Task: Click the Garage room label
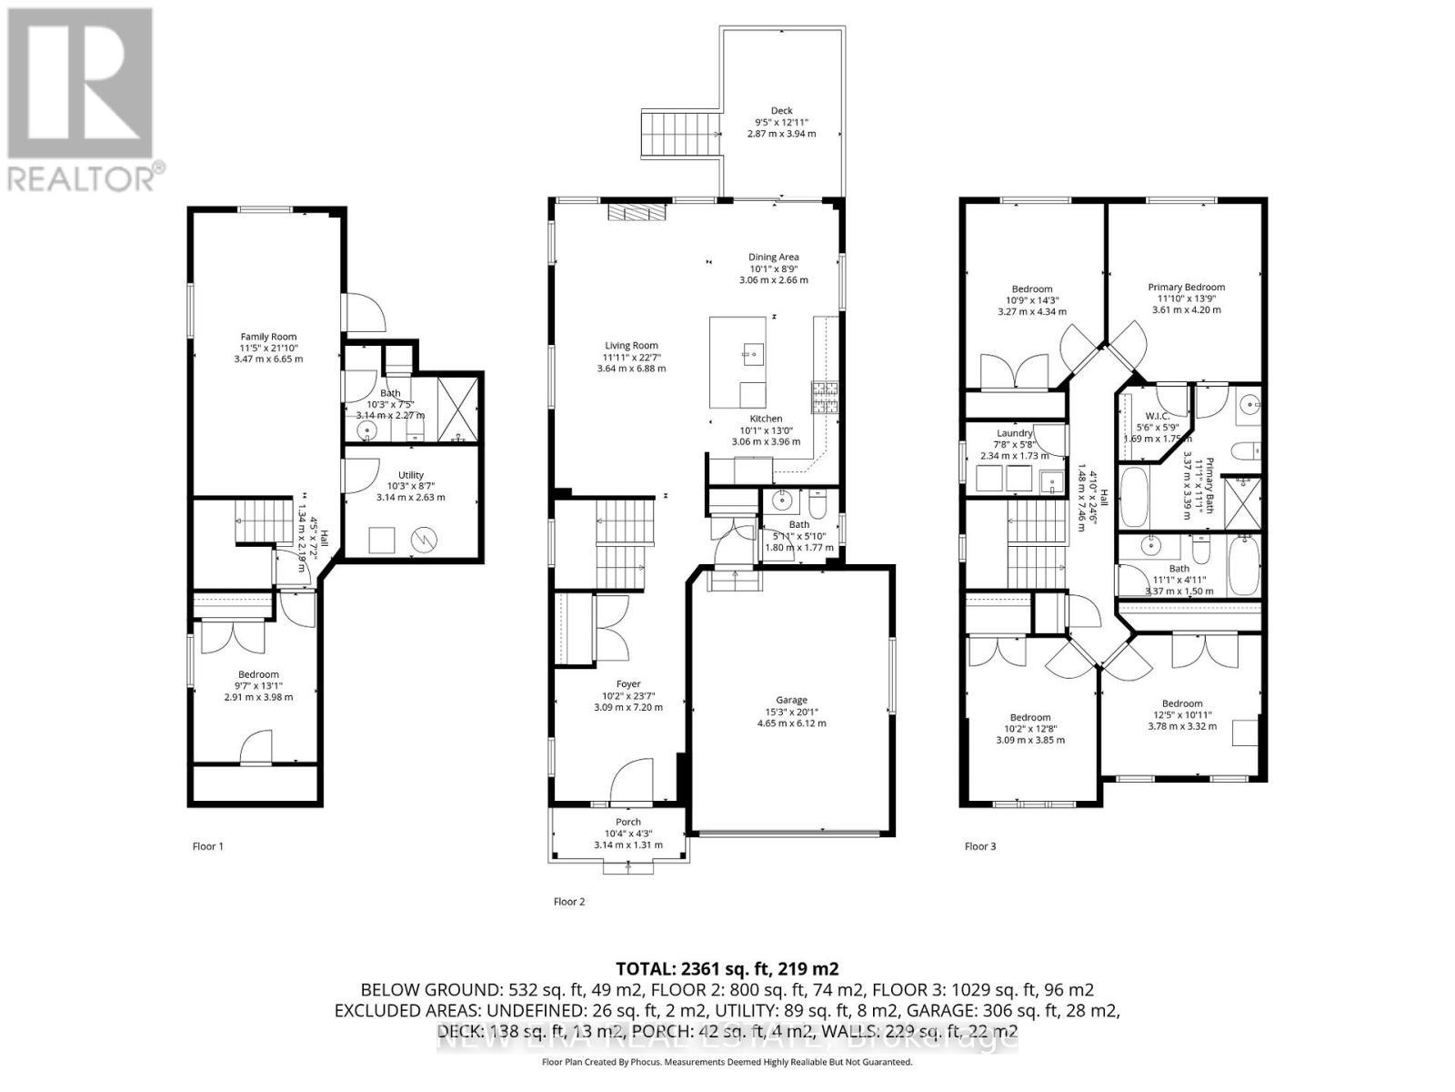(791, 700)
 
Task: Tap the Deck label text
(781, 111)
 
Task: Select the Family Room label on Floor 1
(268, 337)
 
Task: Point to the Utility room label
(411, 474)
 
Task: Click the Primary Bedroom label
(1186, 287)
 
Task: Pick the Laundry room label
(1014, 433)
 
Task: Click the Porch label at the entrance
(627, 822)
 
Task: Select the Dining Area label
(773, 258)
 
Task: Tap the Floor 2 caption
(569, 902)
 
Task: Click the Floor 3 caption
(980, 846)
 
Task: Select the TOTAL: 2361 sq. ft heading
(727, 968)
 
